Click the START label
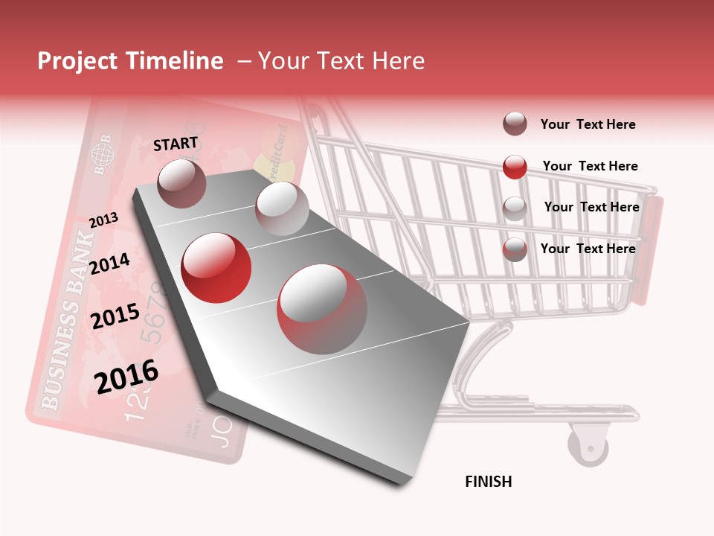[176, 144]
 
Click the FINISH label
[488, 482]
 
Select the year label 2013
[103, 220]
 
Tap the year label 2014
[109, 264]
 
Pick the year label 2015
[115, 316]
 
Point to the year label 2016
[126, 377]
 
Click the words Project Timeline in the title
[130, 61]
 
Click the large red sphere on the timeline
[216, 267]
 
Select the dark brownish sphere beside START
[181, 183]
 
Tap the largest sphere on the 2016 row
[322, 309]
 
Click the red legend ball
[515, 167]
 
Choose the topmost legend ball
[515, 124]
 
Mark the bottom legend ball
[515, 249]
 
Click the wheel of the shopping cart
[588, 444]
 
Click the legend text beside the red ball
[590, 166]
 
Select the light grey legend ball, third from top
[515, 208]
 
